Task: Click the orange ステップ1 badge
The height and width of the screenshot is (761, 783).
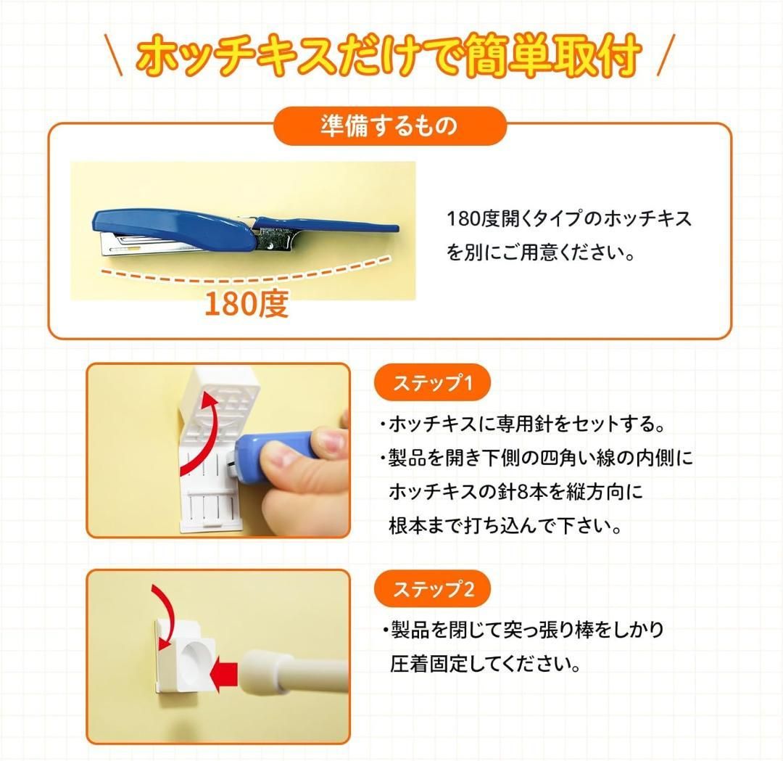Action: (432, 383)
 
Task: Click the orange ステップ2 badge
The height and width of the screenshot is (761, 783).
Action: (432, 589)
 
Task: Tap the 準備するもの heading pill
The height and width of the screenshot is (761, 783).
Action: (390, 126)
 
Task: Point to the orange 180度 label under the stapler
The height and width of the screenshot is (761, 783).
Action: (246, 303)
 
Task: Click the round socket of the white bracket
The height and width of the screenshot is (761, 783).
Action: (196, 659)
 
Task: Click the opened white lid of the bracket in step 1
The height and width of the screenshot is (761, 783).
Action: (220, 395)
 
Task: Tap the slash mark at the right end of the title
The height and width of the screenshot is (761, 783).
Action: (666, 55)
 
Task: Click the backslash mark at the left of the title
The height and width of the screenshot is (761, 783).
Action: (115, 55)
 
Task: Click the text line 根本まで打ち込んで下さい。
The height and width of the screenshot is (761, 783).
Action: (505, 526)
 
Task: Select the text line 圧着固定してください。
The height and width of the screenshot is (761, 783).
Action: (485, 664)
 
